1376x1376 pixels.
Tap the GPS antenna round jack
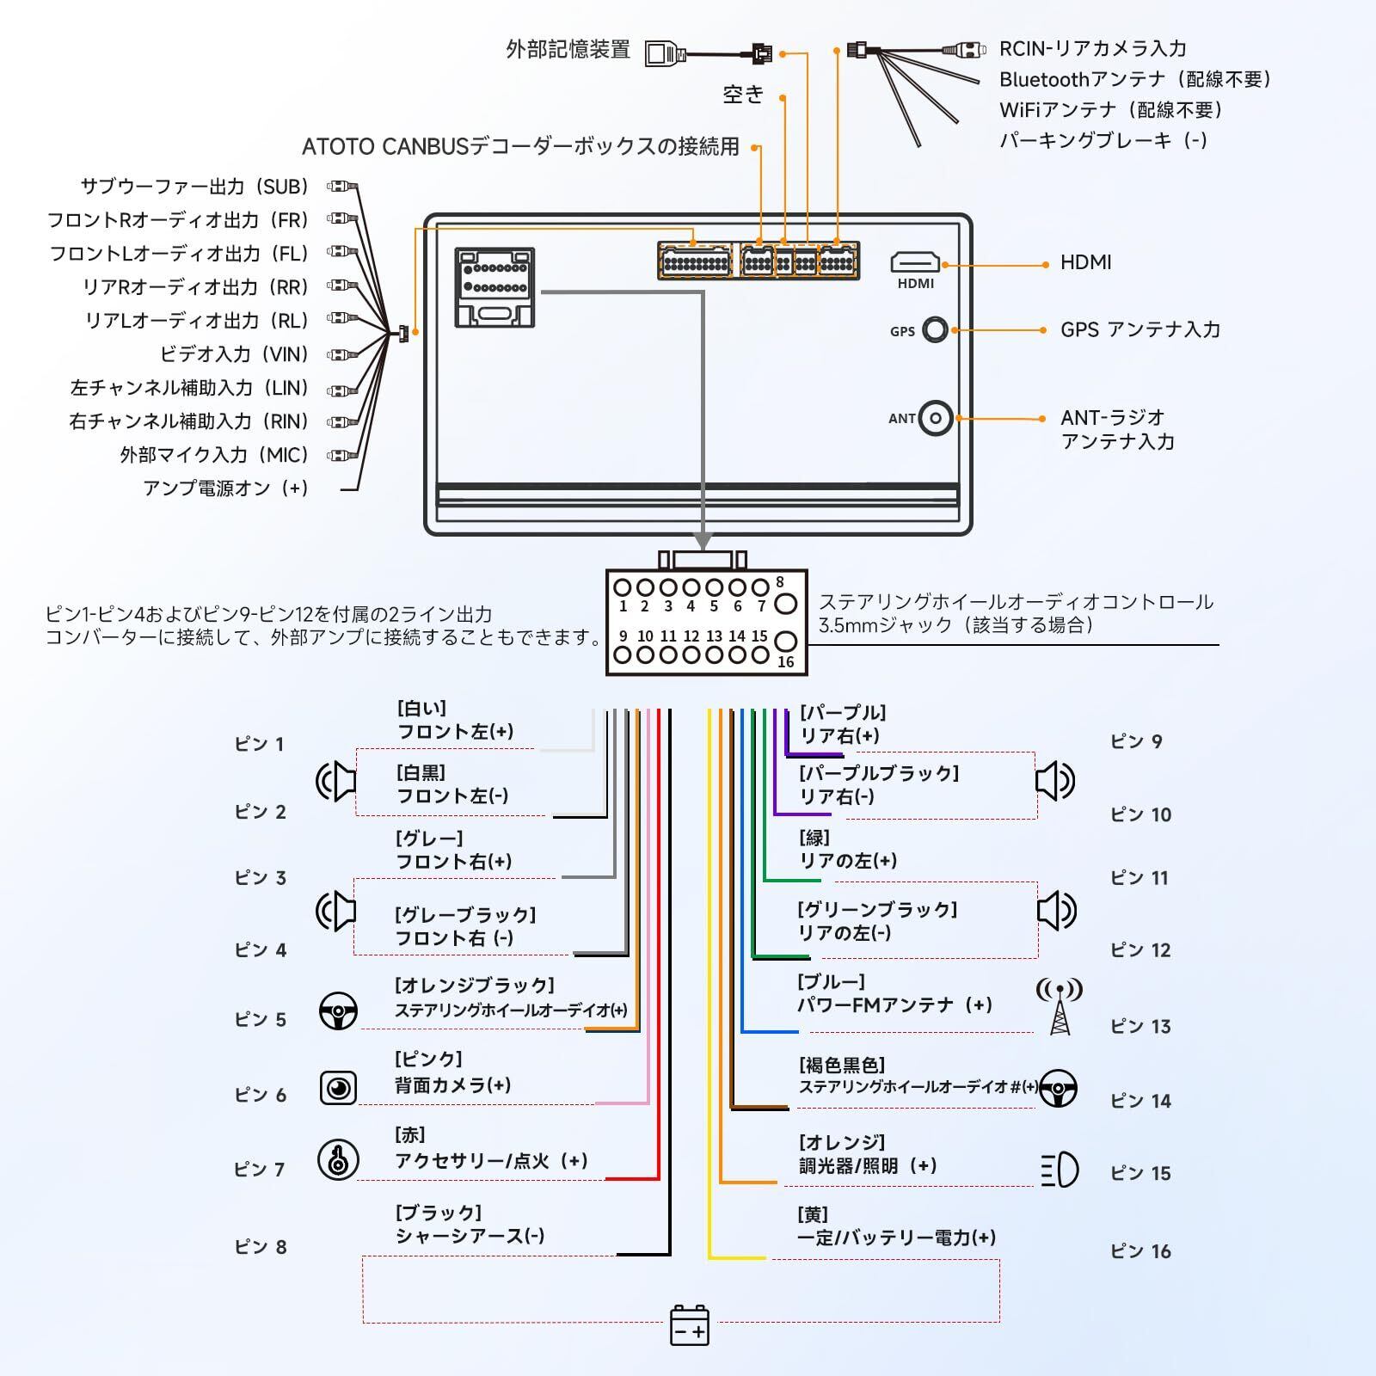(935, 329)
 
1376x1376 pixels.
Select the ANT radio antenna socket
(936, 419)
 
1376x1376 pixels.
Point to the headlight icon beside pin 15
(1060, 1170)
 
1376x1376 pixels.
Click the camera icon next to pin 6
(338, 1088)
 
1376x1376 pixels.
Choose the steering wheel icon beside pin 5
(338, 1011)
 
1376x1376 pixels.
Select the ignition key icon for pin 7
(338, 1159)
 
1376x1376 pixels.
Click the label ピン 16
(1140, 1251)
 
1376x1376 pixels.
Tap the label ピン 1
(259, 744)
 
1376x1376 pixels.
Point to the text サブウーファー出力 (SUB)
(194, 187)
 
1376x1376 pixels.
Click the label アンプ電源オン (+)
(225, 488)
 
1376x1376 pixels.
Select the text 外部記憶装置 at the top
(568, 50)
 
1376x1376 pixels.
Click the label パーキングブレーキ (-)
(1103, 140)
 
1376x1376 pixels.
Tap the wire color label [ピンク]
(428, 1059)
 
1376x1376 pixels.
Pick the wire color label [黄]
(813, 1214)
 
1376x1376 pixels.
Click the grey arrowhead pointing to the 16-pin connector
(703, 541)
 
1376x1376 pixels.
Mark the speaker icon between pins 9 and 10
(1055, 781)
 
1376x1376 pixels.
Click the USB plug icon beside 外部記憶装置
(665, 53)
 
